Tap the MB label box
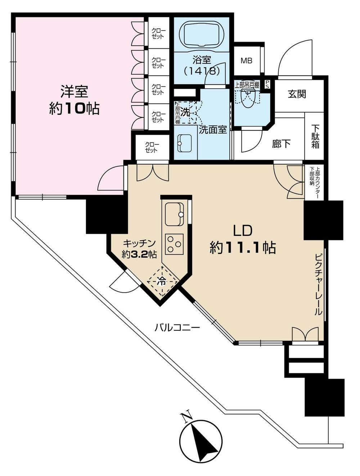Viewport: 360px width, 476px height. coord(247,61)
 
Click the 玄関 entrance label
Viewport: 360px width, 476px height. coord(297,94)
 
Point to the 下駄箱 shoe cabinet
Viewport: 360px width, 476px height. coord(315,137)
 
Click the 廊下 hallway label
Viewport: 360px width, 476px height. coord(281,144)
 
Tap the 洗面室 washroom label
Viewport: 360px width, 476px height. coord(213,130)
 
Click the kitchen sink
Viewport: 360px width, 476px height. coord(175,214)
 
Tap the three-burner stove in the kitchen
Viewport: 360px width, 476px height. coord(175,244)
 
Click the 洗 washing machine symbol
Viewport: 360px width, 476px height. coord(185,112)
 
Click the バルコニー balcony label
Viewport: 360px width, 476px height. coord(177,328)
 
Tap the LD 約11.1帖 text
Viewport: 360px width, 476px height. coord(243,240)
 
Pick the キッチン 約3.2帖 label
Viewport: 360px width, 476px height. coord(139,249)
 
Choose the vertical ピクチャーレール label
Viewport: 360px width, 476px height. coord(318,285)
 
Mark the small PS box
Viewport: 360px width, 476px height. coord(267,84)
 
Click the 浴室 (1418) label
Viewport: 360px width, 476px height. coord(202,65)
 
